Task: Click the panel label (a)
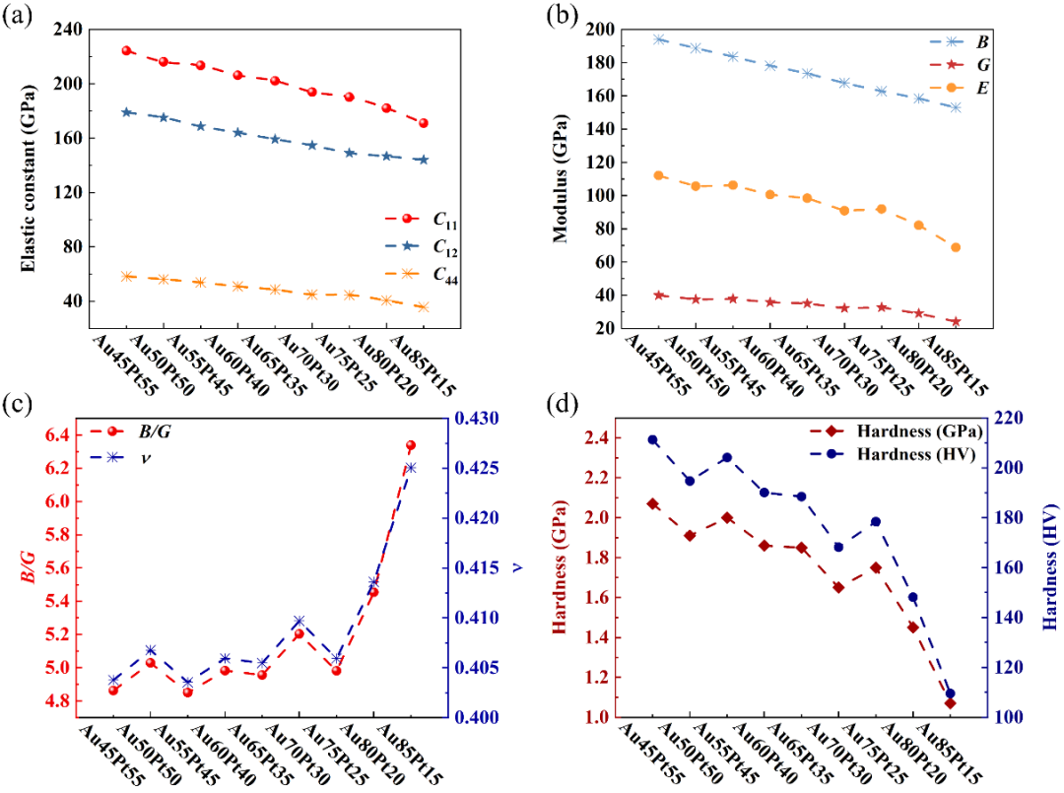(22, 17)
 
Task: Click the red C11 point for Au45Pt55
(127, 50)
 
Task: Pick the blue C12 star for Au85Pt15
(424, 160)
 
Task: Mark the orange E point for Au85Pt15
(956, 247)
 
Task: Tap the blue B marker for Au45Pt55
(659, 39)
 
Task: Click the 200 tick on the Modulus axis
(619, 30)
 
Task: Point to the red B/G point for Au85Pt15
(411, 446)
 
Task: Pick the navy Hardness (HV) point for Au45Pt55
(651, 440)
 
